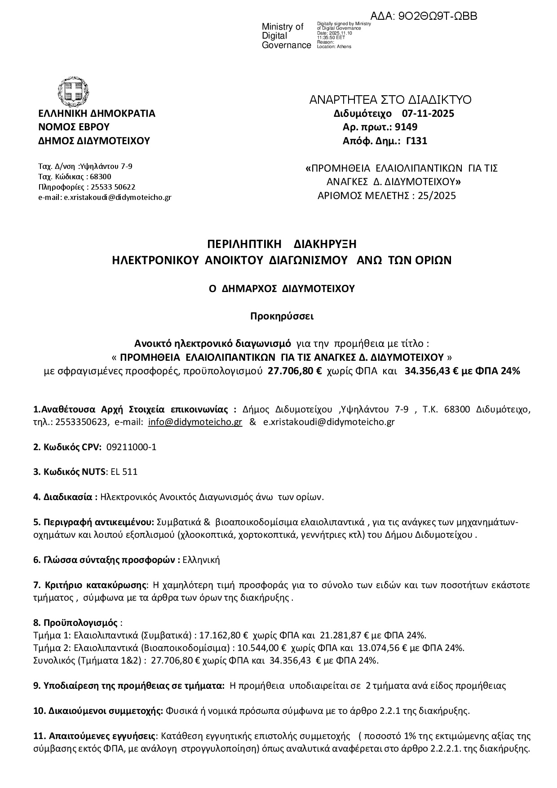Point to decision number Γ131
(x=416, y=141)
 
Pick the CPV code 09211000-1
(x=132, y=447)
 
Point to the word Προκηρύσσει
(x=282, y=316)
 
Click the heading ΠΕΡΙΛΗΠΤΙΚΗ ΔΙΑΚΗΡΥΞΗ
(x=282, y=244)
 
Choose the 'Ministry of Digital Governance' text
(x=286, y=36)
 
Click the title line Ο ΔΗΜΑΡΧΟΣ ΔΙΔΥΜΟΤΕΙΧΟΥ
(x=282, y=289)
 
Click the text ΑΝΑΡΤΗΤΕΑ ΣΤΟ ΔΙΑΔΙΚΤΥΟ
(x=390, y=100)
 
